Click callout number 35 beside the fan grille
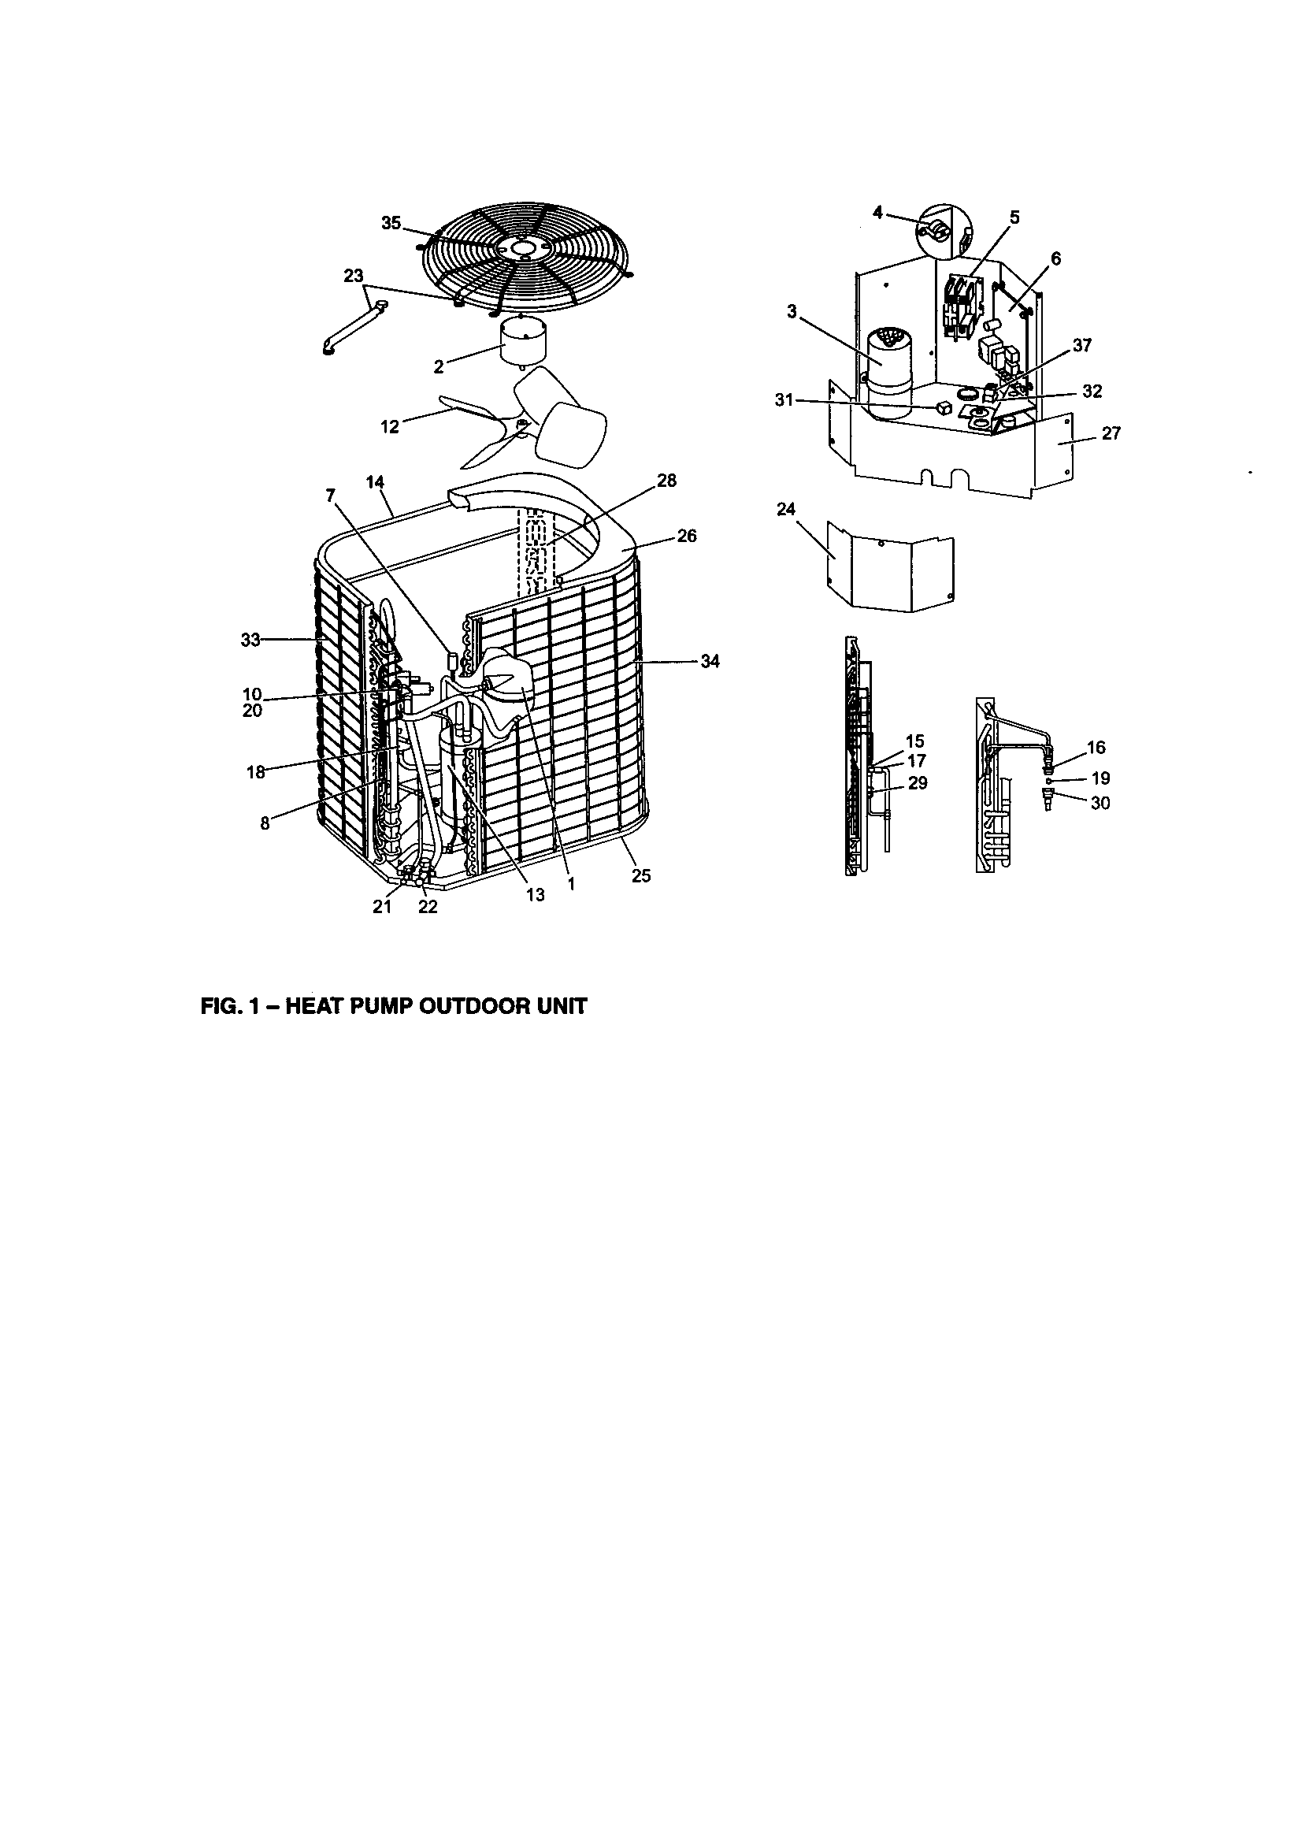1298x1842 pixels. (391, 223)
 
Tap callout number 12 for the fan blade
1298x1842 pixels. (389, 427)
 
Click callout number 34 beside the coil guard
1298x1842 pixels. (710, 662)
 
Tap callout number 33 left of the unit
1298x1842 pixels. (251, 640)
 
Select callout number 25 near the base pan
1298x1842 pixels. (641, 876)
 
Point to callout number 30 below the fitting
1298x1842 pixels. (1100, 803)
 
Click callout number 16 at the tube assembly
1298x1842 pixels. (1095, 748)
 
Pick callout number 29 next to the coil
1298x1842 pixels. (917, 783)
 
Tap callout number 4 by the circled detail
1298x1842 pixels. (878, 213)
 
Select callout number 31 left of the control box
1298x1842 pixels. (785, 399)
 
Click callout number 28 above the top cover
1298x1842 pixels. (666, 481)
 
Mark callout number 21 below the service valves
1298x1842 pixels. (382, 907)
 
